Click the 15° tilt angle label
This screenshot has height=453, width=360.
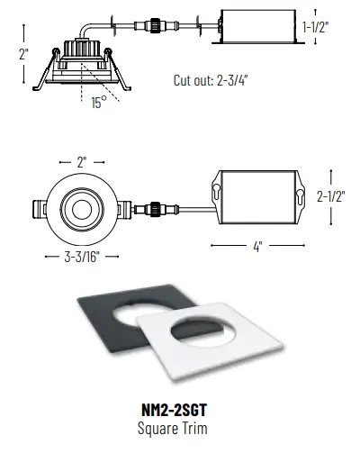click(98, 103)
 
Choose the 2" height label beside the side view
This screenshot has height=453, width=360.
click(22, 53)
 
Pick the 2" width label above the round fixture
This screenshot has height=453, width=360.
click(81, 163)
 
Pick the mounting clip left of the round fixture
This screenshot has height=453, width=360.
click(37, 210)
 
